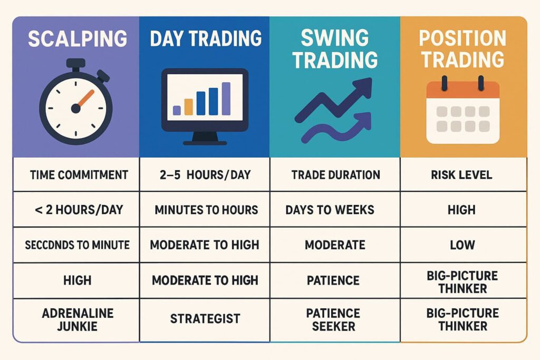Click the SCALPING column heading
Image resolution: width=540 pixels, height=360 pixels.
tap(78, 40)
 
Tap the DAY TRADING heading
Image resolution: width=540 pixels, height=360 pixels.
tap(206, 38)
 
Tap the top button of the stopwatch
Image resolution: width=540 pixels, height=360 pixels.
tap(76, 62)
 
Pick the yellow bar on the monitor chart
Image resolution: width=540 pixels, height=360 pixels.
tap(176, 109)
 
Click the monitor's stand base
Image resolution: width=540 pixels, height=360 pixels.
tap(205, 141)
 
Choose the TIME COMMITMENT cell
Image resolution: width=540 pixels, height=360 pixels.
tap(77, 174)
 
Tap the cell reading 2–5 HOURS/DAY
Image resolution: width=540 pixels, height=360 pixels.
tap(206, 174)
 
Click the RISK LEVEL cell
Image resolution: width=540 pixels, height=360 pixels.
tap(462, 174)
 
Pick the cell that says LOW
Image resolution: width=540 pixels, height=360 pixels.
tap(462, 245)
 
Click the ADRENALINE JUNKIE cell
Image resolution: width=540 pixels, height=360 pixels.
tap(77, 319)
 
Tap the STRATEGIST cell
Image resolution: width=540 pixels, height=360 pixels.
tap(205, 318)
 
